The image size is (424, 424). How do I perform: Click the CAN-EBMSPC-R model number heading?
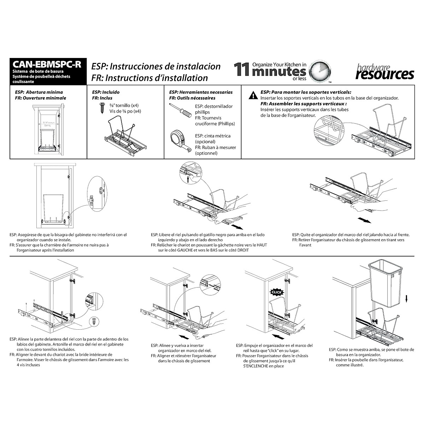[x=47, y=65]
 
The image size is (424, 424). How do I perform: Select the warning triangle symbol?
[x=253, y=95]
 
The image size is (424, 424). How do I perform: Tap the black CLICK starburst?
[x=277, y=292]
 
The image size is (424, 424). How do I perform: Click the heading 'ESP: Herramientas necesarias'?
[x=201, y=92]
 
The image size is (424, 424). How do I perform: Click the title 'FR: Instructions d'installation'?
[x=149, y=77]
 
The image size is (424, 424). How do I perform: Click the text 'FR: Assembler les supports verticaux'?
[x=304, y=104]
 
